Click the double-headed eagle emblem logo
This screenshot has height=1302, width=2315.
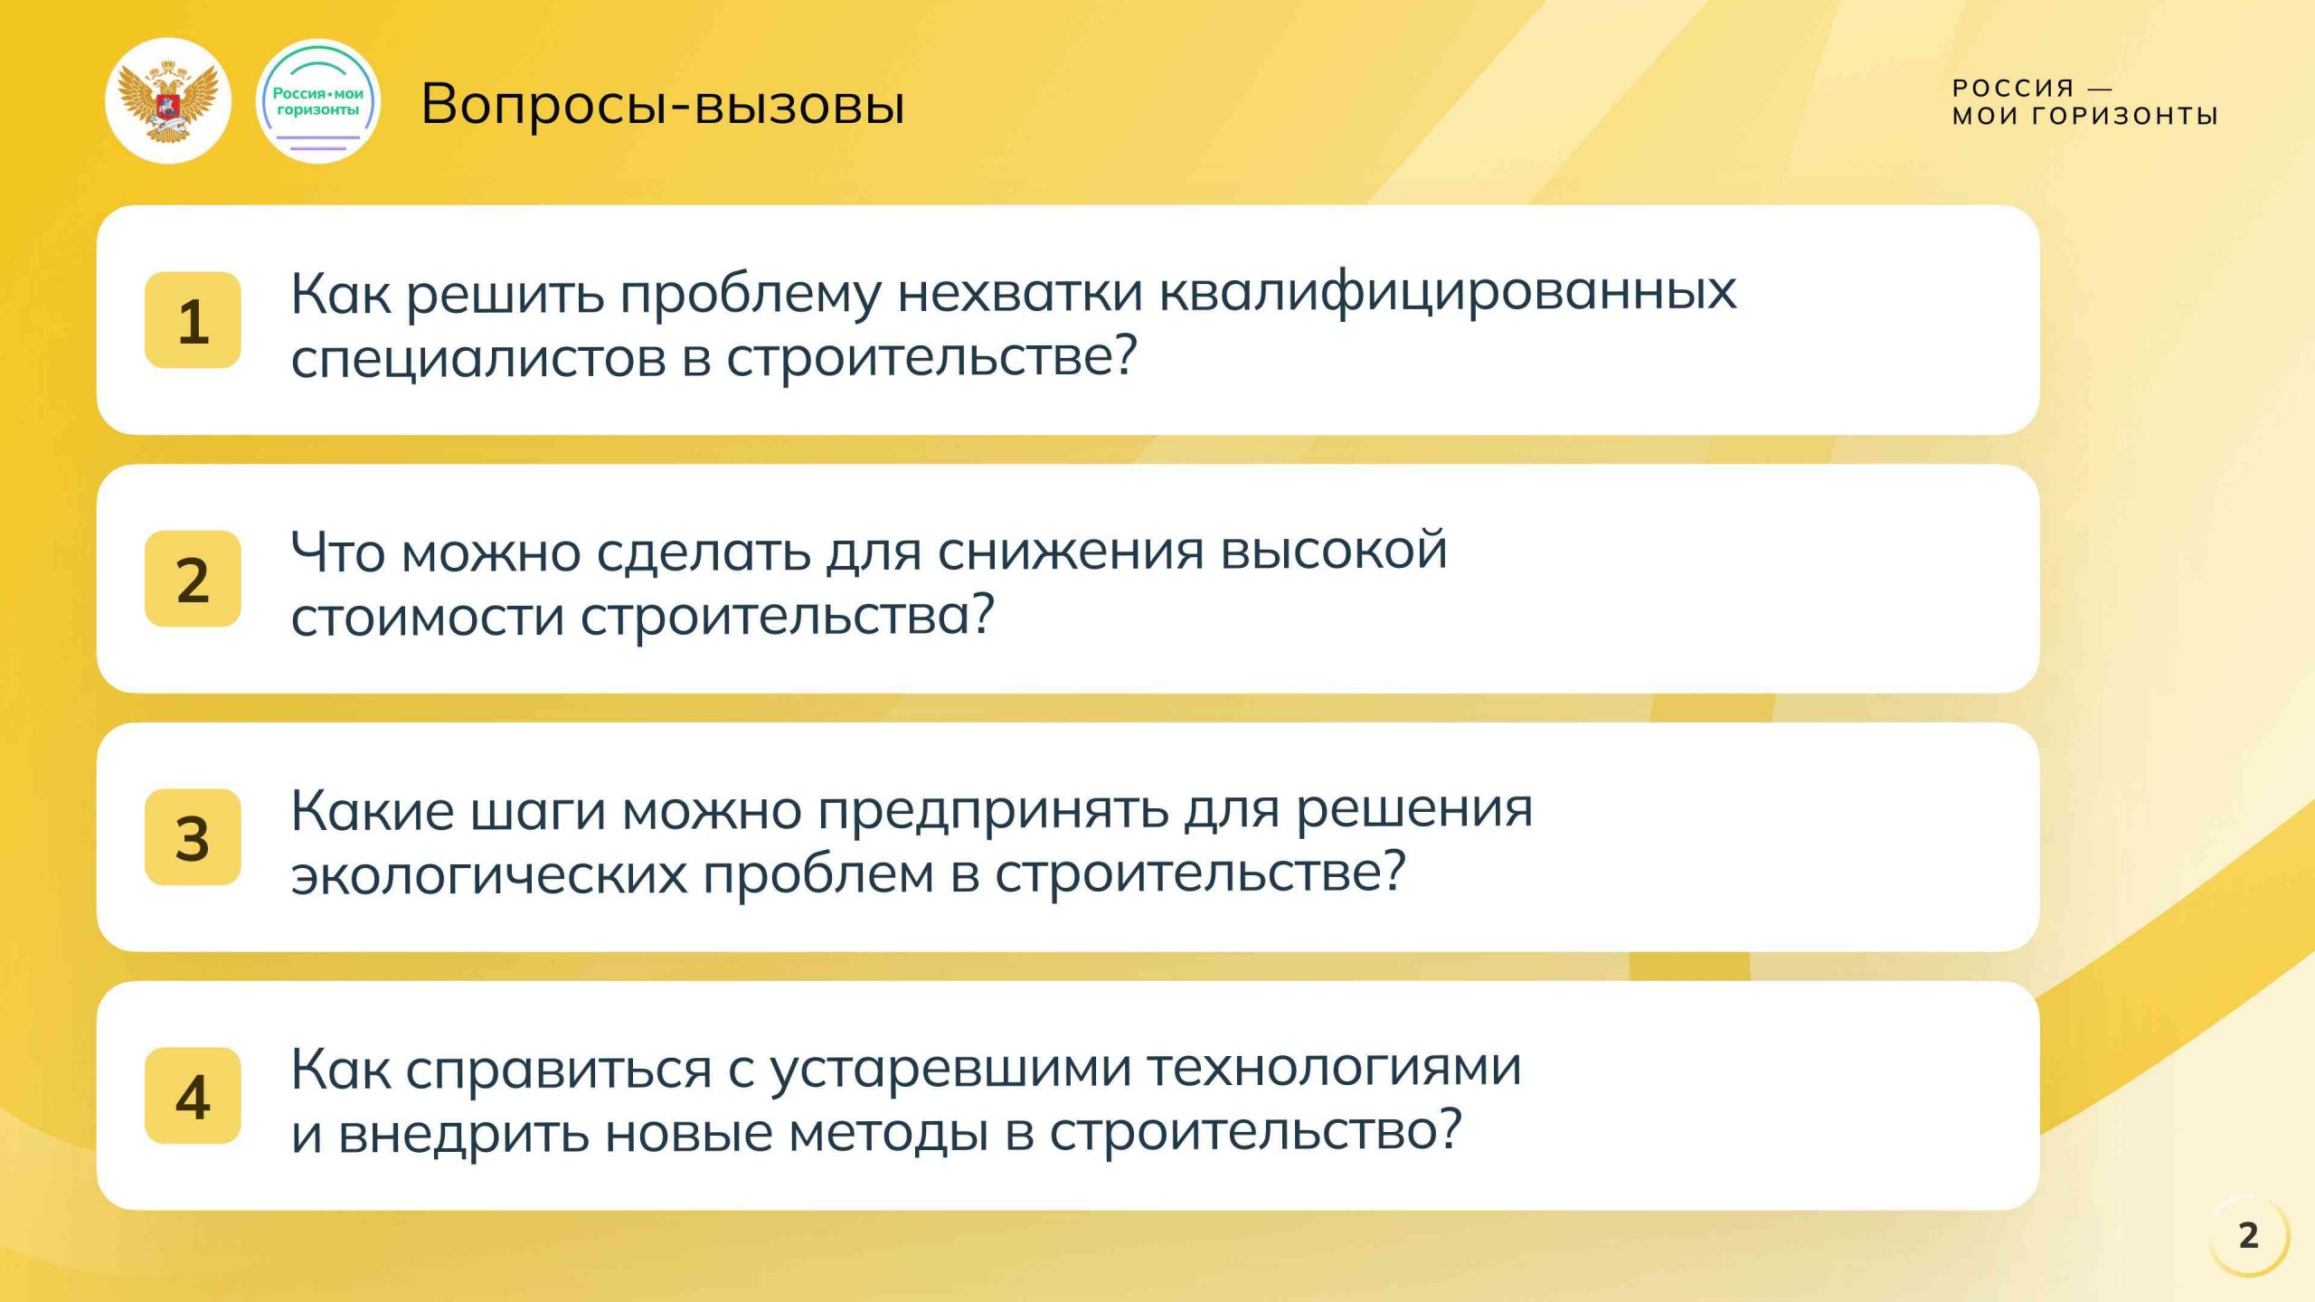(168, 101)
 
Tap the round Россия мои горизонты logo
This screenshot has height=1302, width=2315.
(318, 101)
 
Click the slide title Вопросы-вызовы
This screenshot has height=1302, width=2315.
(662, 104)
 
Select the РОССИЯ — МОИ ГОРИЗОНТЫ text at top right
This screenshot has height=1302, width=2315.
(2084, 101)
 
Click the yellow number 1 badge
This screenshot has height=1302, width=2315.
(193, 320)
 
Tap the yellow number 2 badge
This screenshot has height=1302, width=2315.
(193, 579)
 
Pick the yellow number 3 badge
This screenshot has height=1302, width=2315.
(193, 837)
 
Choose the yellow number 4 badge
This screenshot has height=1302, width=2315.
(193, 1096)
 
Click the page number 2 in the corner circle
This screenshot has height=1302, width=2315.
(2248, 1235)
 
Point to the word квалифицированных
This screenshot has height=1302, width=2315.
(1447, 292)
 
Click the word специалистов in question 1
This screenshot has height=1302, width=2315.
(477, 358)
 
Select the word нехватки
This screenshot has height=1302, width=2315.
(1020, 292)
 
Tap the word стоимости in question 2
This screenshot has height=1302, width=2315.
(427, 617)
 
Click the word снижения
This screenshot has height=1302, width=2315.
(1071, 551)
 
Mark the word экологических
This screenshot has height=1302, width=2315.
(488, 875)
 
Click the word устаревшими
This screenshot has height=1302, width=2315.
(950, 1070)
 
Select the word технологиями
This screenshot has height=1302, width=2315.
(1335, 1068)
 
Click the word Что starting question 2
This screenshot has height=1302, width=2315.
(336, 551)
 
